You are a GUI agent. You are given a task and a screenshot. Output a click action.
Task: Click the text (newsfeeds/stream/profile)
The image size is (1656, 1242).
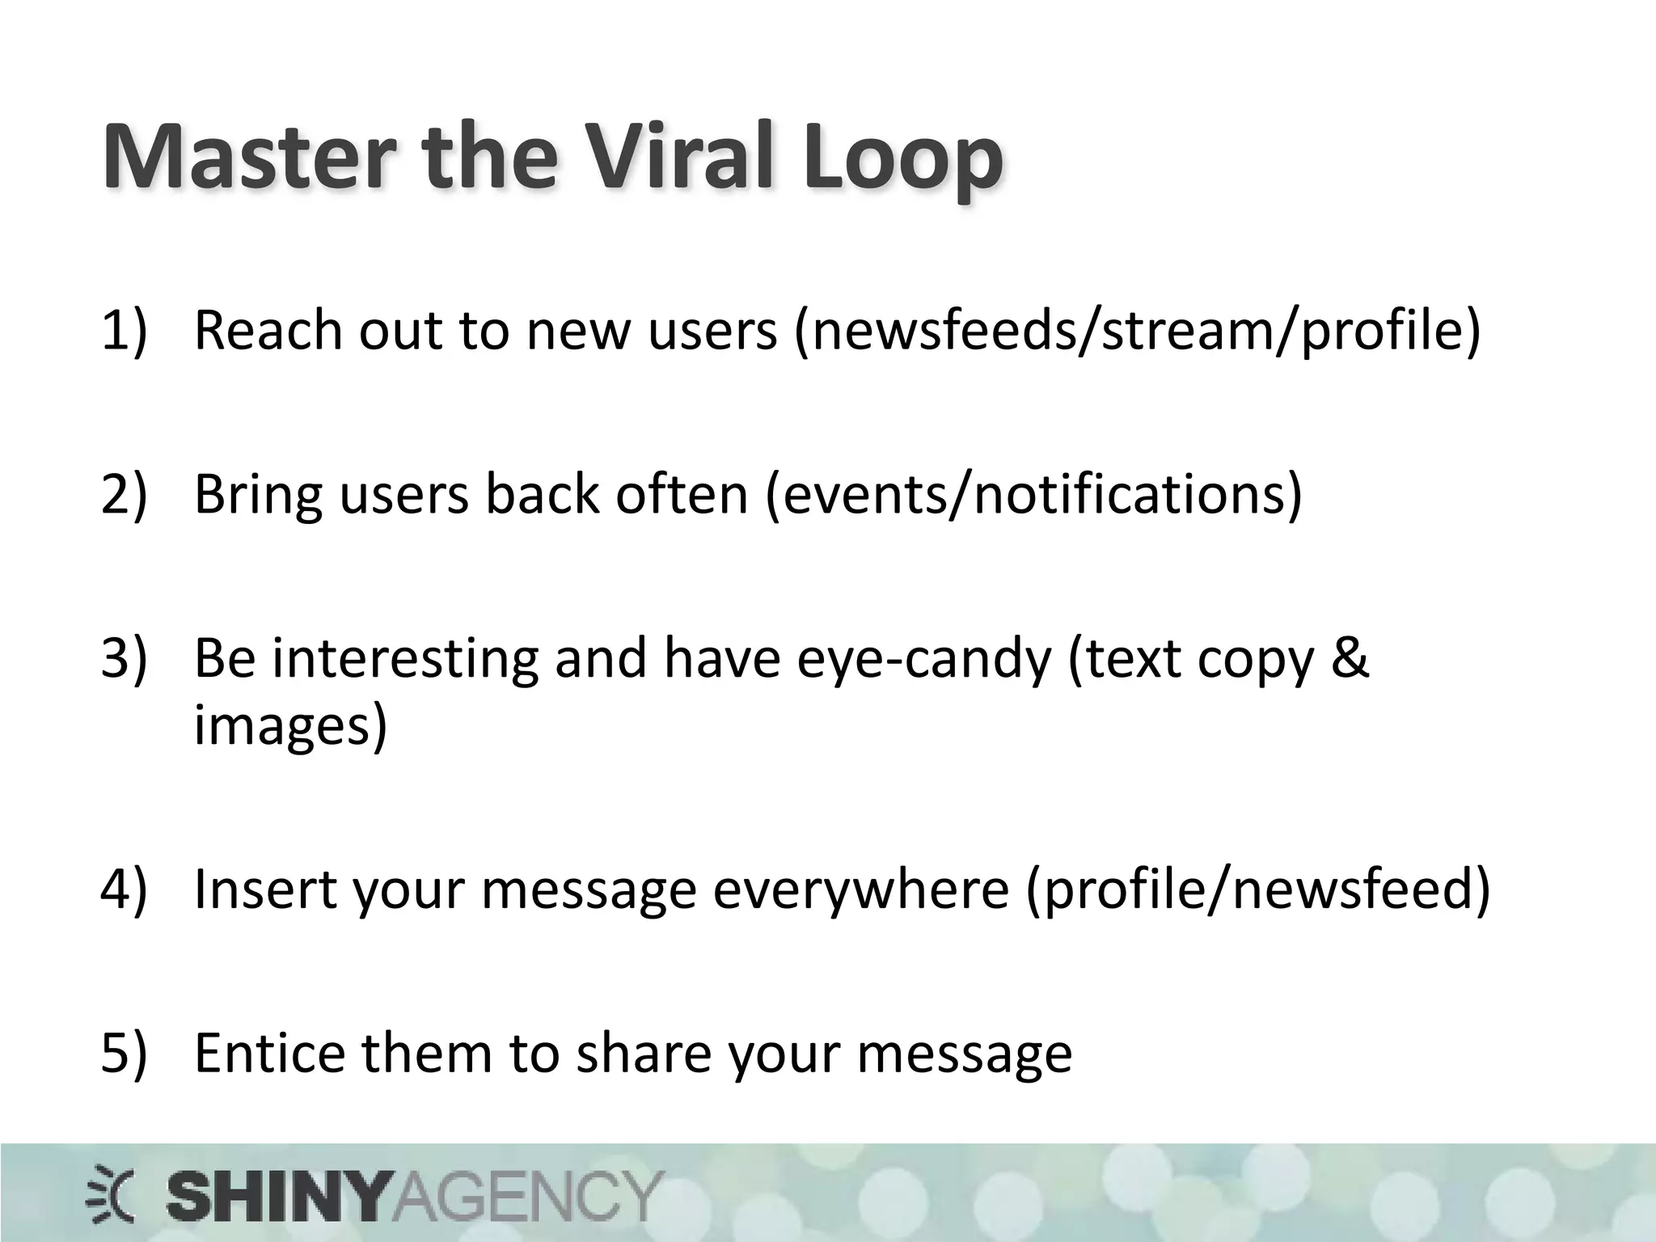click(x=1137, y=332)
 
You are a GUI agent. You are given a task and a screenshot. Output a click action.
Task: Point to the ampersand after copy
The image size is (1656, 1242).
click(x=1350, y=657)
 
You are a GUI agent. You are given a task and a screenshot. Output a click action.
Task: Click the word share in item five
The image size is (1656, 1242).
click(x=644, y=1053)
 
